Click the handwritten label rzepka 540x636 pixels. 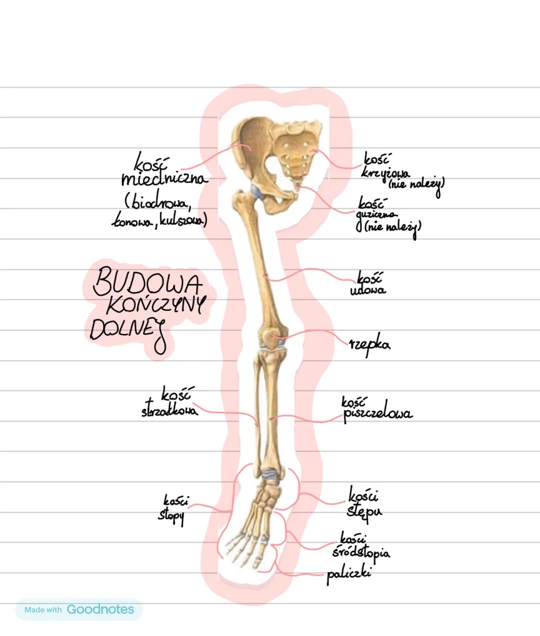[x=369, y=345]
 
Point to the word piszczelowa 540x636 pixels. [x=377, y=414]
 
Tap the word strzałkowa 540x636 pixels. [x=169, y=411]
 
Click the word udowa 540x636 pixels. [x=367, y=290]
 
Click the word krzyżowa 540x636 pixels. [x=384, y=173]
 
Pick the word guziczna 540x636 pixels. [x=377, y=214]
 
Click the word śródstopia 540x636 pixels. [x=361, y=552]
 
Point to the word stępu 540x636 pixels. [x=364, y=512]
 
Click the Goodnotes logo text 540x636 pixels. [x=100, y=610]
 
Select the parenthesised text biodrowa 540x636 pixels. [x=158, y=203]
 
